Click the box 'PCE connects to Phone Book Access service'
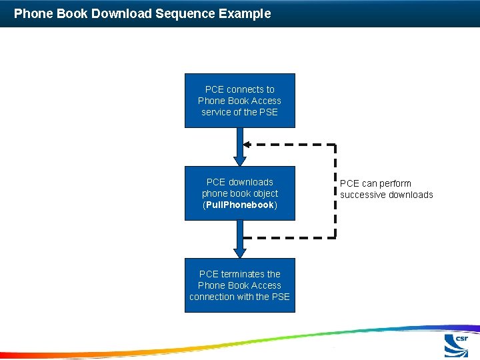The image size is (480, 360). tap(239, 100)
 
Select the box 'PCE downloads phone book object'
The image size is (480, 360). tap(239, 193)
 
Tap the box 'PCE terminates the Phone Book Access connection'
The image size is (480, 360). tap(239, 285)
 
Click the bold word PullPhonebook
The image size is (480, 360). tap(239, 205)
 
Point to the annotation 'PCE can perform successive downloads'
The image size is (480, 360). tap(386, 189)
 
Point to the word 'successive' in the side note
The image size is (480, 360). tap(363, 195)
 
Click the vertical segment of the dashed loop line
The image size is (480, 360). tap(335, 191)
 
